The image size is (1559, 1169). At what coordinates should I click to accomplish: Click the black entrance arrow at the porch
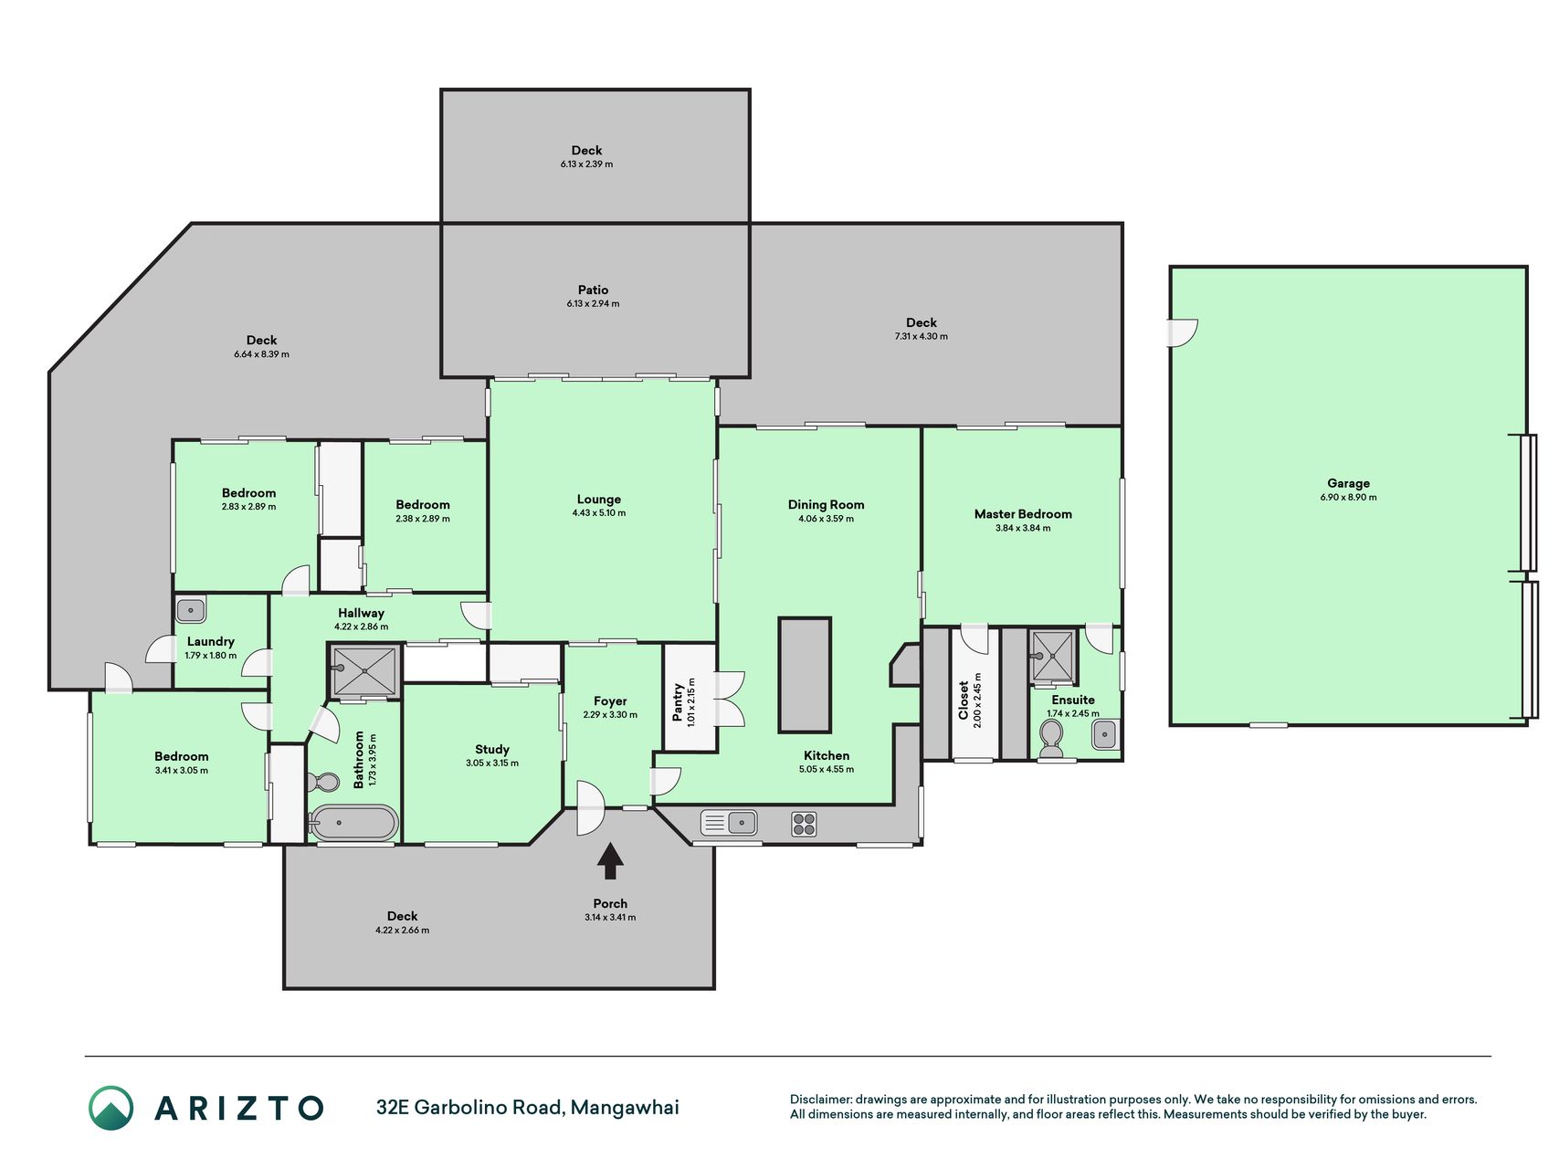click(610, 861)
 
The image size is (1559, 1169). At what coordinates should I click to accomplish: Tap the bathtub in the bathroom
click(353, 823)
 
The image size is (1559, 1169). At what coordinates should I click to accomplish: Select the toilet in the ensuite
click(1052, 738)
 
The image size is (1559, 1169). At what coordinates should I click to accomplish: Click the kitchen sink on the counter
click(729, 823)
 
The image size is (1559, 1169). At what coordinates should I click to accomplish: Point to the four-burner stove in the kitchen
click(804, 824)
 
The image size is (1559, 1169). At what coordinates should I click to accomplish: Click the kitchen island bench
click(805, 675)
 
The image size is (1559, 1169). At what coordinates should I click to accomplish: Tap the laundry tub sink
click(191, 609)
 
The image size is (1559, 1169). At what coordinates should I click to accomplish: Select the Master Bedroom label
click(1023, 514)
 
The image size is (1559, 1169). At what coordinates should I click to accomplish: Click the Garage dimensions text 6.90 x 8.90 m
click(1348, 498)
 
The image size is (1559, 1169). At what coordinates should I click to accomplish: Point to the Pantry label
click(678, 702)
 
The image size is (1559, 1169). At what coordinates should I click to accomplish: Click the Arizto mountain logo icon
click(111, 1108)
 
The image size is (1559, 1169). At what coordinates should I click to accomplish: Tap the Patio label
click(593, 290)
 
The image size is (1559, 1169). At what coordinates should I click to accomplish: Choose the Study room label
click(492, 749)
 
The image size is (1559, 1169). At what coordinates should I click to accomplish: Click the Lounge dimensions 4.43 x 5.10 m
click(599, 513)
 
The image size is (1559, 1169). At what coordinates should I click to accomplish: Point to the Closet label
click(964, 700)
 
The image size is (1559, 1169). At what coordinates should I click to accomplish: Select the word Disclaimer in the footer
click(820, 1100)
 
